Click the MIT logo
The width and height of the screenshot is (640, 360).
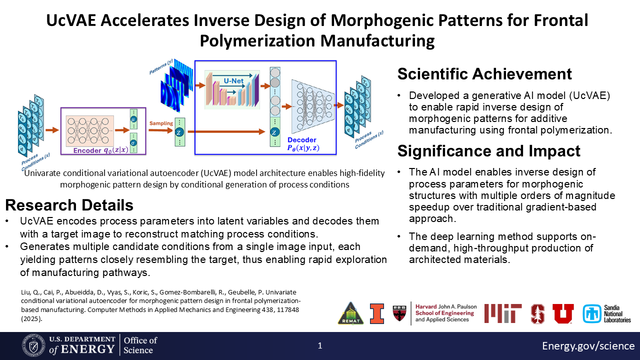[x=503, y=313]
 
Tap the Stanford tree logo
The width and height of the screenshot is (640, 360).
[x=537, y=313]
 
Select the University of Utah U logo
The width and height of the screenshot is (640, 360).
[x=563, y=313]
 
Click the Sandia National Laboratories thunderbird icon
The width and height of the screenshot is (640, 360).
[x=592, y=313]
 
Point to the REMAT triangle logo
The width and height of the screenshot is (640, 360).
[x=350, y=313]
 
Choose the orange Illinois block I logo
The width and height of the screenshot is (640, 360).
[x=377, y=313]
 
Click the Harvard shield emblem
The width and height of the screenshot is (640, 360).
[x=399, y=313]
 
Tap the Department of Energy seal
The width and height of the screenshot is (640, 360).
[x=33, y=345]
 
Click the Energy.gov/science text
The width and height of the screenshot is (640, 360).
[x=588, y=345]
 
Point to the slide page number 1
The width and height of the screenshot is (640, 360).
[x=320, y=345]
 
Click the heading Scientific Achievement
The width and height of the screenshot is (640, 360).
[x=484, y=74]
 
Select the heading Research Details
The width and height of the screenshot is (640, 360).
[x=69, y=205]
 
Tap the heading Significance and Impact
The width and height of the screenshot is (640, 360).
[x=488, y=151]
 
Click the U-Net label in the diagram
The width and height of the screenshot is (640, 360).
[x=233, y=81]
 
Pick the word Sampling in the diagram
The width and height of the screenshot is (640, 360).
[x=161, y=123]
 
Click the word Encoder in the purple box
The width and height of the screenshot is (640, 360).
[x=87, y=150]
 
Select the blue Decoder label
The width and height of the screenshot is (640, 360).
[x=301, y=140]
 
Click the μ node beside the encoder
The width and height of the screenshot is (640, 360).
[x=133, y=119]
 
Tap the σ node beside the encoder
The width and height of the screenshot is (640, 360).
[x=133, y=143]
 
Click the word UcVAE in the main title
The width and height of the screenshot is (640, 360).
[x=71, y=20]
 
